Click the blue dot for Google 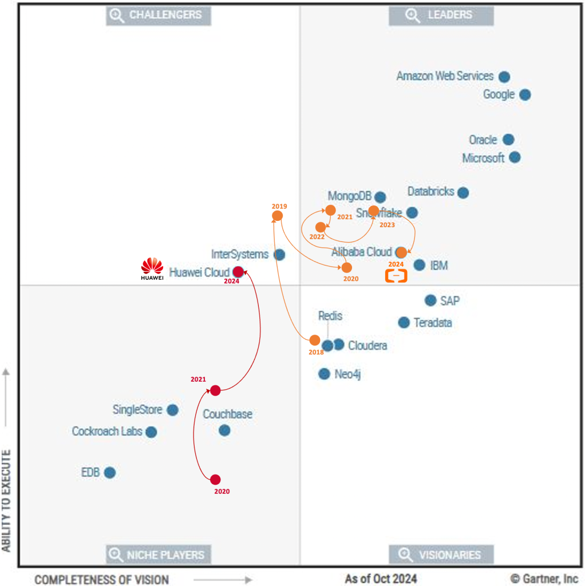click(525, 94)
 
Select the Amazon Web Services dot click(504, 77)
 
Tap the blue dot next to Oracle click(508, 140)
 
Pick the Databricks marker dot click(463, 193)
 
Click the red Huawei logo click(152, 268)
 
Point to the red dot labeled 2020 click(215, 480)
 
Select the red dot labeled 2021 click(215, 390)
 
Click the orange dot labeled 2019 click(277, 216)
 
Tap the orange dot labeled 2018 click(315, 340)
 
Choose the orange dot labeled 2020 click(347, 267)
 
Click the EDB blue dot click(110, 473)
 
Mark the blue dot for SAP click(430, 300)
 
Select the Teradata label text click(433, 323)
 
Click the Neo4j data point click(325, 374)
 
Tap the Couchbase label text click(228, 414)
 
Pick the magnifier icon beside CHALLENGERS click(117, 15)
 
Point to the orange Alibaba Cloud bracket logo click(396, 276)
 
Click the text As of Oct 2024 click(381, 579)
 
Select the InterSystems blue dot click(279, 255)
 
